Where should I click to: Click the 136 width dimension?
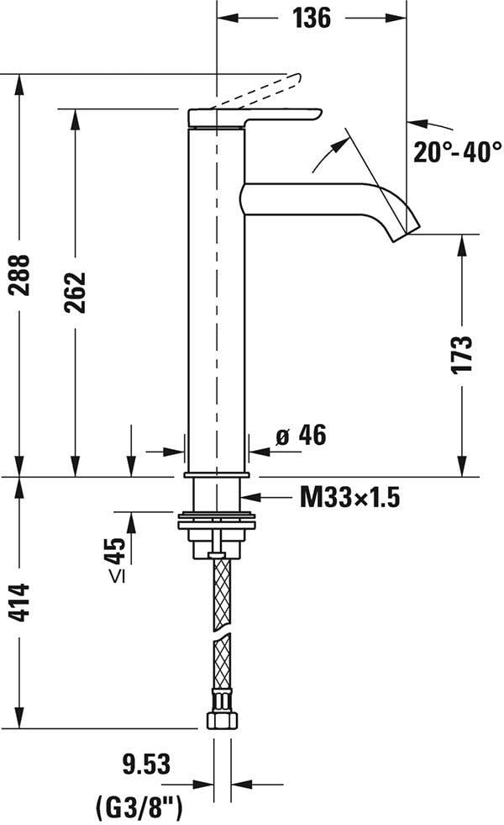(x=312, y=17)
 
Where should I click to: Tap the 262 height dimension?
(x=76, y=292)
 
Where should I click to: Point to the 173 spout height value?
(x=462, y=355)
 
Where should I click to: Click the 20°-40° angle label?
(x=457, y=151)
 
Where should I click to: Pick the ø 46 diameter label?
(x=300, y=436)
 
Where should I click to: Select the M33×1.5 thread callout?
(x=349, y=498)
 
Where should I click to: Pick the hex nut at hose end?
(x=222, y=720)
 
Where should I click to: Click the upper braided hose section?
(x=221, y=592)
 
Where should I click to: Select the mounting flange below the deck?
(x=217, y=522)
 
